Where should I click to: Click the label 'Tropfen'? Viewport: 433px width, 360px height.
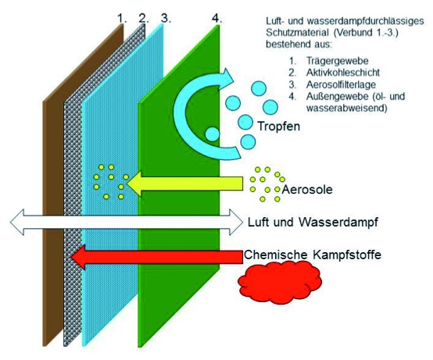(278, 127)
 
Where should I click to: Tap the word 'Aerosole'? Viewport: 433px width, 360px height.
(307, 190)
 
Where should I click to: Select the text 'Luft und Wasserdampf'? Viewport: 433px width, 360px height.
(313, 222)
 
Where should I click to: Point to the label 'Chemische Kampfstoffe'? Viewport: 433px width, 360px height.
(313, 255)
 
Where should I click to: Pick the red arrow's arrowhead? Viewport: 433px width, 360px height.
(78, 257)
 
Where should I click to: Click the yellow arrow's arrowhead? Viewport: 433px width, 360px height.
(134, 184)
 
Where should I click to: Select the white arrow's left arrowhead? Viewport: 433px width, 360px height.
(17, 222)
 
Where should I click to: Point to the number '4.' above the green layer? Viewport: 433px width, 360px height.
(216, 19)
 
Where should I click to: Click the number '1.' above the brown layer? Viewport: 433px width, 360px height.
(122, 19)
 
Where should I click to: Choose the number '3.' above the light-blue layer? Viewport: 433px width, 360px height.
(166, 19)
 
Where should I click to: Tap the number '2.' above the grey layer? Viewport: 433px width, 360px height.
(144, 19)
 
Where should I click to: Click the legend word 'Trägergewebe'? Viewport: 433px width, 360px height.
(337, 61)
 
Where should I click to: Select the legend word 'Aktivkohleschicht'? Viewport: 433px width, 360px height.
(342, 73)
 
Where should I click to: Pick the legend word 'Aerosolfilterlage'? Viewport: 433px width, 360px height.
(341, 84)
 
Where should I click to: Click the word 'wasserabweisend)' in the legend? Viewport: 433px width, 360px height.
(346, 108)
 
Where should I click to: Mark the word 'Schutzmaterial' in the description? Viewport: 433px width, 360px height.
(297, 33)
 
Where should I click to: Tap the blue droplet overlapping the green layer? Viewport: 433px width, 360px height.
(213, 134)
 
